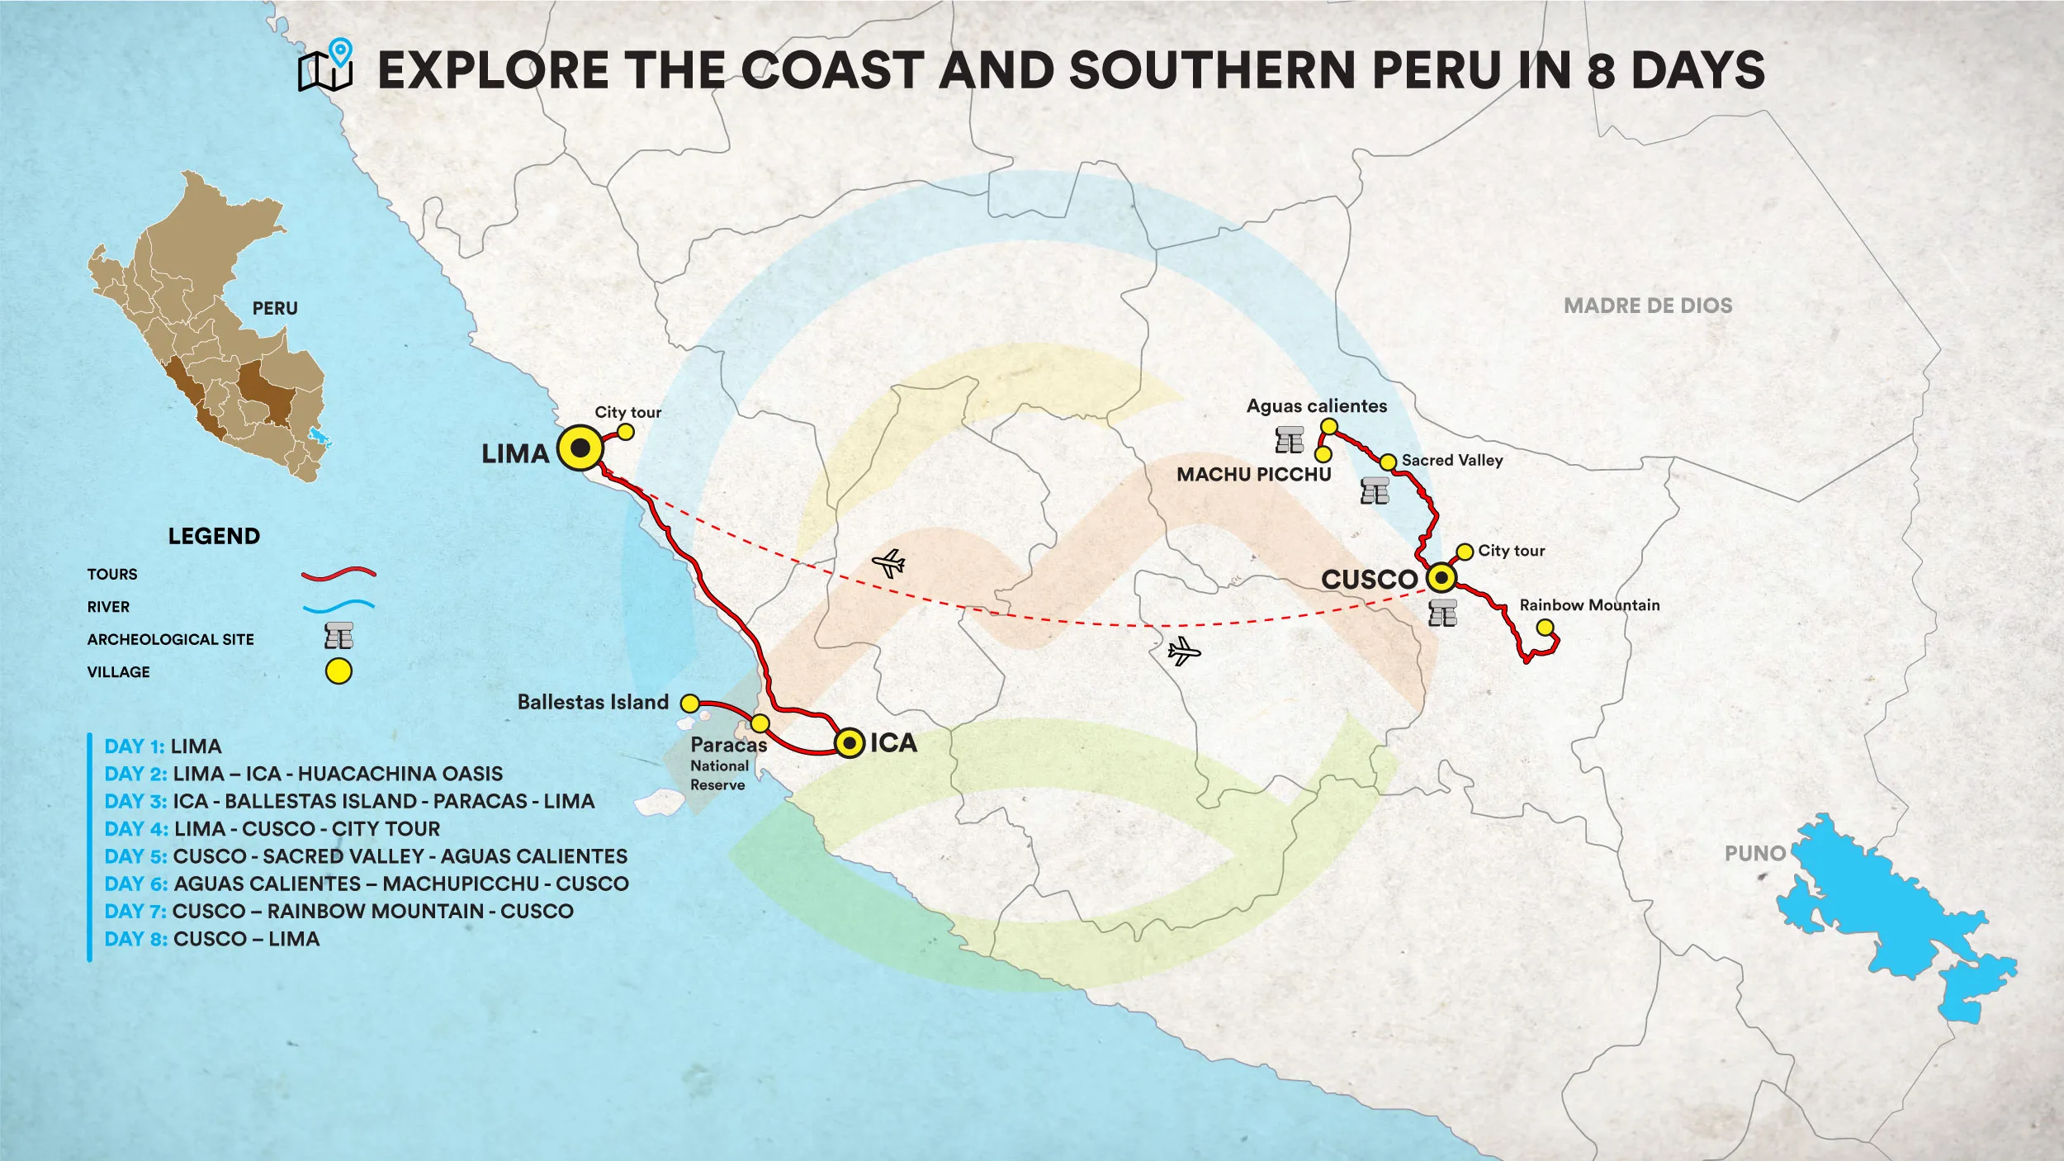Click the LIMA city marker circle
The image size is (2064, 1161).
coord(580,448)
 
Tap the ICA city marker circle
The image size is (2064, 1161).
coord(849,743)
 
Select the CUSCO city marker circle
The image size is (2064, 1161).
coord(1441,577)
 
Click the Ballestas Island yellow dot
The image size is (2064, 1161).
coord(689,704)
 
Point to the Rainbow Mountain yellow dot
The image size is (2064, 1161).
coord(1545,628)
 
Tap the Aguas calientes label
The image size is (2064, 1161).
coord(1316,406)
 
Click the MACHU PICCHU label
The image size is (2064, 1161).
coord(1253,475)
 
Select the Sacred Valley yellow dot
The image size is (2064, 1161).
coord(1388,462)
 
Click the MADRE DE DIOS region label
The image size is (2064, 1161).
coord(1648,306)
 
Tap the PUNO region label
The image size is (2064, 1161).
coord(1754,854)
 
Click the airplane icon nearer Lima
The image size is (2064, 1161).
coord(888,564)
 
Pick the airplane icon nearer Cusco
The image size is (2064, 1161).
coord(1183,652)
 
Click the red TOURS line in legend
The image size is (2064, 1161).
coord(338,573)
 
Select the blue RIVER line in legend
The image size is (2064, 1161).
coord(338,606)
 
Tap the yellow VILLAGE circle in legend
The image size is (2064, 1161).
coord(338,671)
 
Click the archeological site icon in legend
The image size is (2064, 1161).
coord(338,636)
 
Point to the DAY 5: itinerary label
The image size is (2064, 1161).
coord(135,856)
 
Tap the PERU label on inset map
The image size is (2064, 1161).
coord(275,308)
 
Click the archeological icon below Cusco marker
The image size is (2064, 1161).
coord(1442,614)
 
